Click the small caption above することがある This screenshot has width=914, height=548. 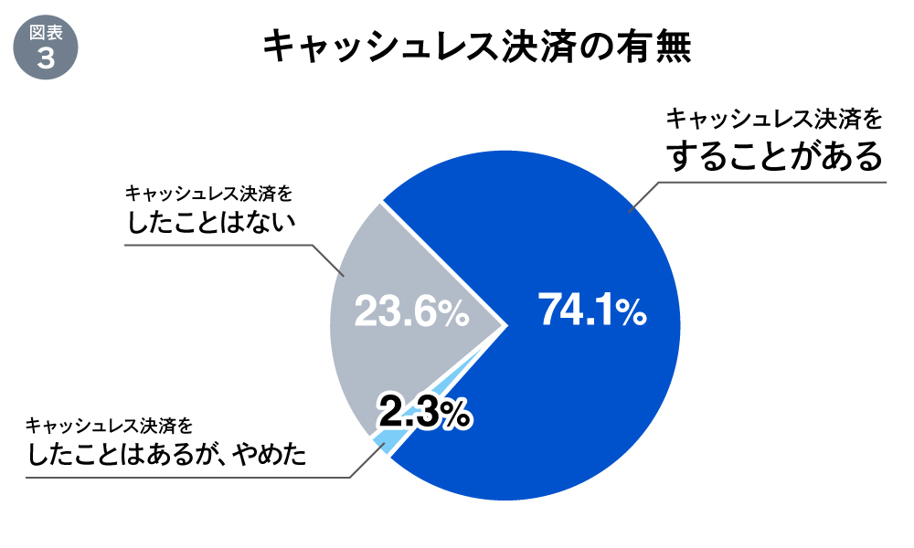[x=775, y=119]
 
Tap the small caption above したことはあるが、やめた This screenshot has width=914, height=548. [x=111, y=426]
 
